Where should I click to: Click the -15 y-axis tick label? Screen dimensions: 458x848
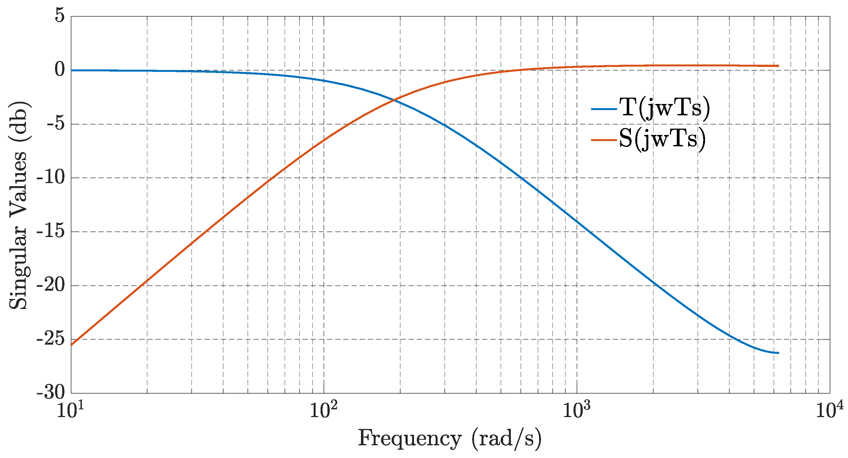point(51,231)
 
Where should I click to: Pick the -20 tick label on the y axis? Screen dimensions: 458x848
point(51,285)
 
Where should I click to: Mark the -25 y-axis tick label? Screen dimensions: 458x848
point(51,339)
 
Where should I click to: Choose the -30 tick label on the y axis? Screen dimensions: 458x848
point(51,392)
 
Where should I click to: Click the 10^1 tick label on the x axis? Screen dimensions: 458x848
point(70,410)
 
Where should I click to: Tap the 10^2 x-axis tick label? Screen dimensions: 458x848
point(323,410)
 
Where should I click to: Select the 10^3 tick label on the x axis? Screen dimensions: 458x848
point(576,410)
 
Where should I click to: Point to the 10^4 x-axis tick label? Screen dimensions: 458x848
point(829,410)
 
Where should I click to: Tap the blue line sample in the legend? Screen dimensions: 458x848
point(604,109)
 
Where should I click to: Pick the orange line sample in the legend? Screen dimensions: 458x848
point(604,140)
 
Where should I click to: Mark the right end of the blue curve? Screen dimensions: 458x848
point(779,353)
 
